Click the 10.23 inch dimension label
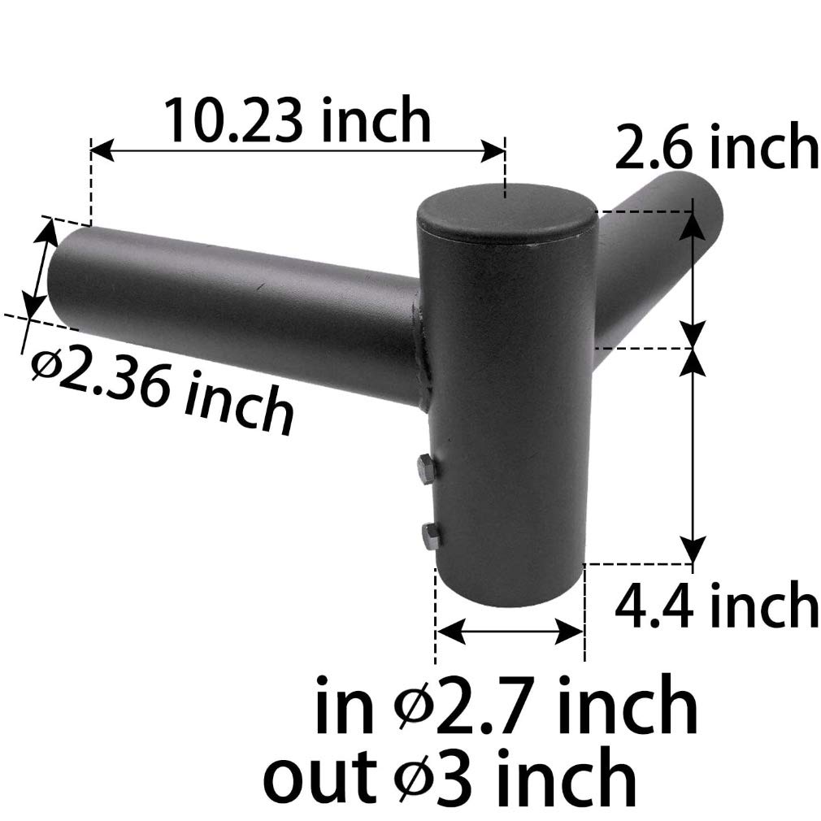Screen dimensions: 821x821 [x=297, y=120]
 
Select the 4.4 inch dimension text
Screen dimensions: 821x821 [x=715, y=605]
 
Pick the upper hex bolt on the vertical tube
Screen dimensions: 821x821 [x=424, y=468]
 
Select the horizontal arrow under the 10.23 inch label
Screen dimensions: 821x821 [x=298, y=150]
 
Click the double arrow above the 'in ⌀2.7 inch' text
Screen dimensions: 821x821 [x=510, y=630]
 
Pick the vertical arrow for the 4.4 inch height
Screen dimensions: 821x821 [x=693, y=455]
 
